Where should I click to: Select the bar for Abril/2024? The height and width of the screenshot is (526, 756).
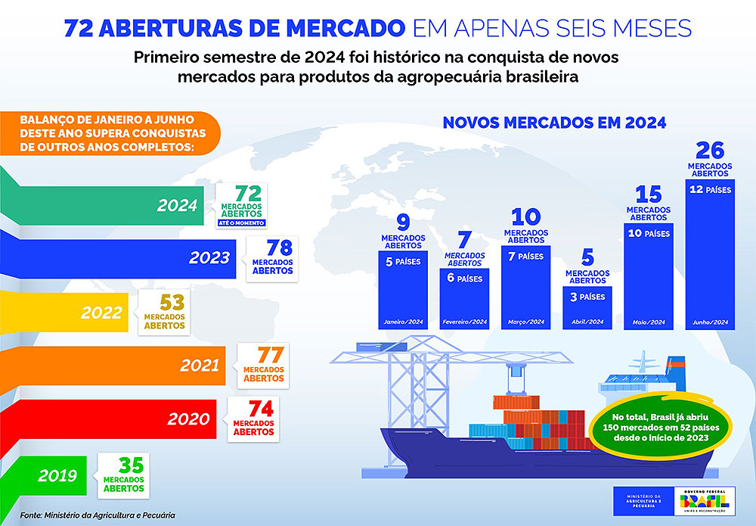tap(587, 307)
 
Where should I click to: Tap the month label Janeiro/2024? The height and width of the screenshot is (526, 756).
tap(401, 322)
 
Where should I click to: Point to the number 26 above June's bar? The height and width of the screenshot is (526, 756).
tap(710, 150)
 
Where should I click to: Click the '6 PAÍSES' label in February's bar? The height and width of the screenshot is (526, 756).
tap(464, 279)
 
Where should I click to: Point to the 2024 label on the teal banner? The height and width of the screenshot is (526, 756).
tap(177, 205)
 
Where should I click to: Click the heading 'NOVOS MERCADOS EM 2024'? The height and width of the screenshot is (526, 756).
tap(554, 123)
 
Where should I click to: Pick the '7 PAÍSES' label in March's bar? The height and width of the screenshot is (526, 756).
tap(525, 256)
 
